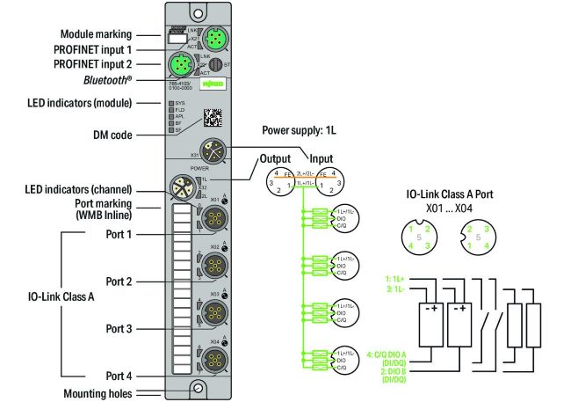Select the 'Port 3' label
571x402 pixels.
click(x=119, y=329)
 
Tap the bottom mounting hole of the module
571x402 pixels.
click(x=199, y=388)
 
